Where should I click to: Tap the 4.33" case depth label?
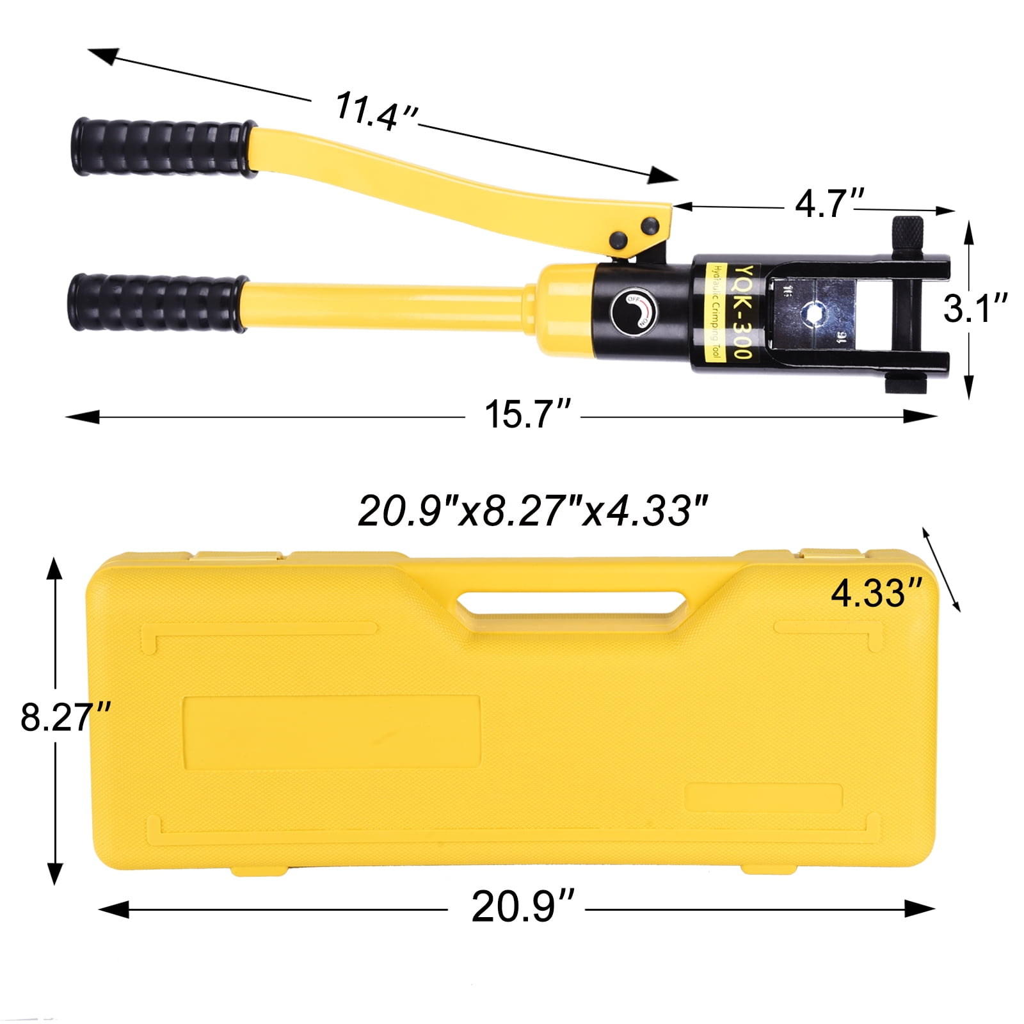point(876,593)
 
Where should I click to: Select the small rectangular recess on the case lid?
point(763,797)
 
